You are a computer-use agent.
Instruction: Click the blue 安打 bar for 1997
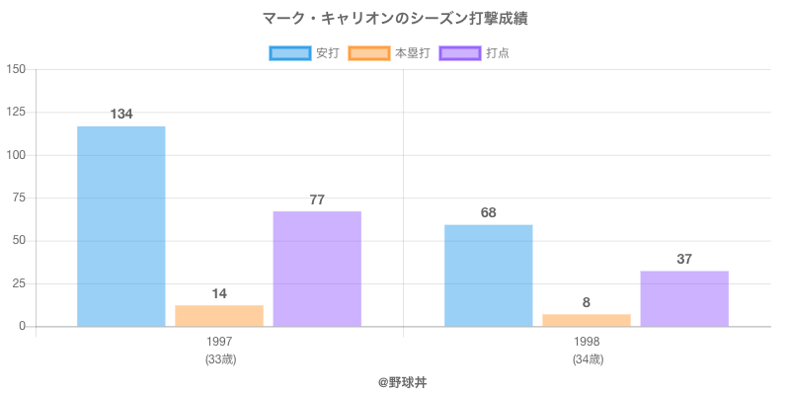click(x=120, y=226)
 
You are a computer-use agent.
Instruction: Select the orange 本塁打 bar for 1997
click(x=219, y=316)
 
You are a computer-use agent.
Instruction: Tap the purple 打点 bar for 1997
click(x=317, y=269)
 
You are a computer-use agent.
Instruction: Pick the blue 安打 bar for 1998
click(x=488, y=276)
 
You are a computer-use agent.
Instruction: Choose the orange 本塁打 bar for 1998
click(x=587, y=320)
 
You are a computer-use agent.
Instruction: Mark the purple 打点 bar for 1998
click(x=684, y=298)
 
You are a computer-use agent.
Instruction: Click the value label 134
click(x=120, y=115)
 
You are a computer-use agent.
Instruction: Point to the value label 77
click(x=317, y=199)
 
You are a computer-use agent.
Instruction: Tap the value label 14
click(x=219, y=293)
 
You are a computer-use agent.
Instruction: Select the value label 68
click(x=488, y=212)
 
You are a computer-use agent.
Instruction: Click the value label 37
click(x=684, y=259)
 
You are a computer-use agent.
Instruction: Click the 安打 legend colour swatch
click(x=290, y=53)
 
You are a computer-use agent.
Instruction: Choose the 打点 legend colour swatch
click(x=460, y=53)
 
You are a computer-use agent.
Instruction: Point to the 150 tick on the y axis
click(x=17, y=69)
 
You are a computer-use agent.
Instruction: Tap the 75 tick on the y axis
click(x=20, y=197)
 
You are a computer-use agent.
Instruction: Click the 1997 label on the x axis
click(x=220, y=342)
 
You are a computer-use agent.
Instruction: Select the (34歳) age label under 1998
click(x=587, y=359)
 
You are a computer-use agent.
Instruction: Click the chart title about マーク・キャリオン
click(x=395, y=19)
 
